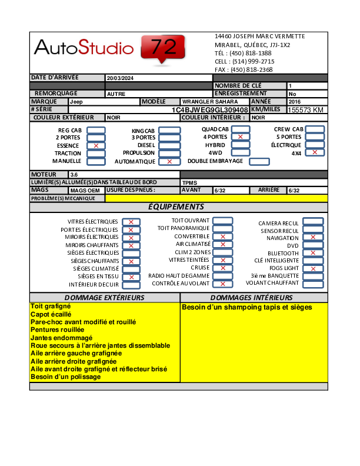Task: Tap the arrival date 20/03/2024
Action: tap(120, 78)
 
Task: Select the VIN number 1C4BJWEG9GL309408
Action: tap(210, 110)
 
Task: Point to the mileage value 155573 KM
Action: tap(306, 110)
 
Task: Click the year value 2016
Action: tap(295, 102)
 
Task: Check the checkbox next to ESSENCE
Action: tap(96, 145)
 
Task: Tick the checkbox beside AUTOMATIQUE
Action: tap(170, 161)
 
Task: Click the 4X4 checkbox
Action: tap(315, 152)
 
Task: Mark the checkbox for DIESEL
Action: tap(170, 145)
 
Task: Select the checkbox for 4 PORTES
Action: tap(240, 137)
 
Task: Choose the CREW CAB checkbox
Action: tap(315, 129)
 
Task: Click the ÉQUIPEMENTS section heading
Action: tap(176, 207)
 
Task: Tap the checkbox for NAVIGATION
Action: tap(313, 237)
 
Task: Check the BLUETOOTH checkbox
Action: tap(313, 253)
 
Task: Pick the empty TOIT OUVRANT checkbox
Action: tap(222, 221)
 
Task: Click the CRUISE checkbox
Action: tap(222, 268)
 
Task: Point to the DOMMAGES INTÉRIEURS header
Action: tap(252, 298)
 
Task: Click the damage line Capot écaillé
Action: tap(51, 315)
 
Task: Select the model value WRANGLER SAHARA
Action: tap(202, 102)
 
